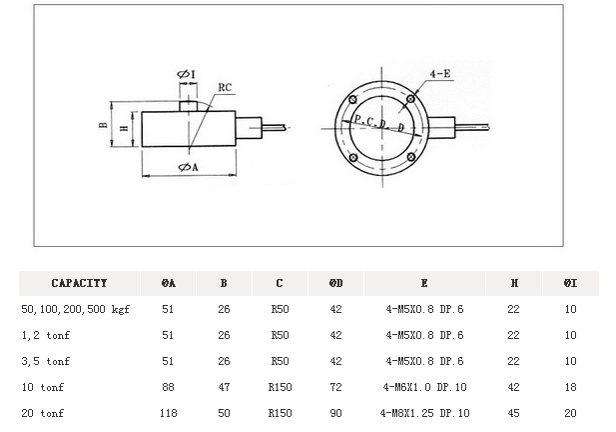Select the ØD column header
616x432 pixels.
(335, 283)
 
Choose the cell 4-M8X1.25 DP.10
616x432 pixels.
(424, 412)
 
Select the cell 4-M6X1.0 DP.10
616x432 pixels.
(424, 386)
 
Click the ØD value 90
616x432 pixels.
(335, 412)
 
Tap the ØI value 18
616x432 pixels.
(570, 386)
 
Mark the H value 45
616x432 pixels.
(513, 412)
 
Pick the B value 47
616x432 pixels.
(225, 386)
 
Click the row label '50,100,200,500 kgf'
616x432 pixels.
(76, 309)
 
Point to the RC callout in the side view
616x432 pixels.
(225, 88)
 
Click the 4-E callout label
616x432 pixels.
(439, 75)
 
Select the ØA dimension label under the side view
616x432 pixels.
(187, 167)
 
